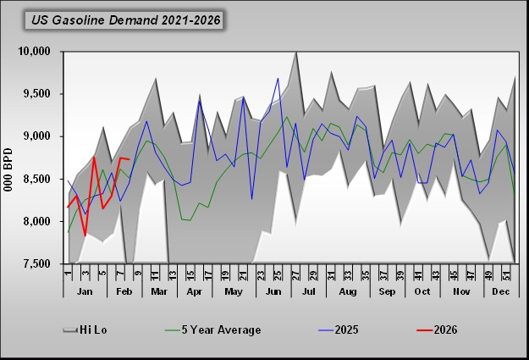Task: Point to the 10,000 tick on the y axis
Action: point(35,52)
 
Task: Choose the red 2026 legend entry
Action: point(444,330)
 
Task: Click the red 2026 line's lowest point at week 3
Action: point(85,235)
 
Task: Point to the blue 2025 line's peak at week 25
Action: point(278,78)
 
